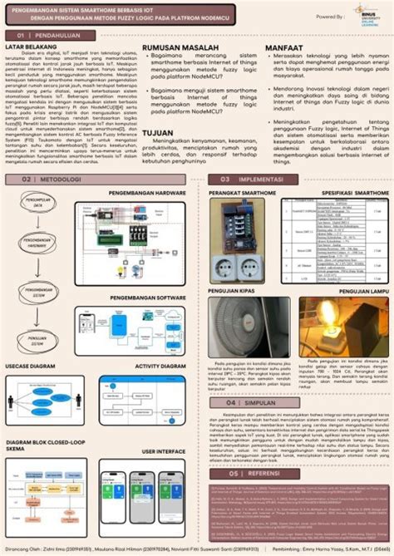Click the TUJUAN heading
point(157,132)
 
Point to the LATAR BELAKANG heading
point(31,48)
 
